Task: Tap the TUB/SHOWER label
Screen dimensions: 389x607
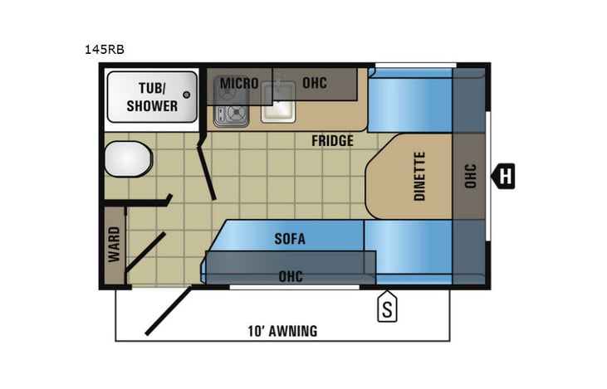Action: click(x=152, y=96)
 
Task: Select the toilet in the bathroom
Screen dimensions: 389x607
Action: click(x=127, y=158)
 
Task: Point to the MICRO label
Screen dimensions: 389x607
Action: click(x=238, y=84)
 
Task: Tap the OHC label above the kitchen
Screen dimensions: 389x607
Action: click(x=315, y=84)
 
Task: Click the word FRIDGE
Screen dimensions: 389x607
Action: click(x=332, y=141)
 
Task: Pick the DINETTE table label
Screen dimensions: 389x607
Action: click(x=419, y=176)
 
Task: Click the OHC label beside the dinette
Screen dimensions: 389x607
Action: click(x=470, y=176)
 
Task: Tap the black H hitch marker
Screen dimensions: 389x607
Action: click(x=504, y=176)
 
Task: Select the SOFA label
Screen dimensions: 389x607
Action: click(x=291, y=240)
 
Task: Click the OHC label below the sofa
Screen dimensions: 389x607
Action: click(x=291, y=275)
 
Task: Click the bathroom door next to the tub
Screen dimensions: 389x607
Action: click(x=207, y=170)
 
